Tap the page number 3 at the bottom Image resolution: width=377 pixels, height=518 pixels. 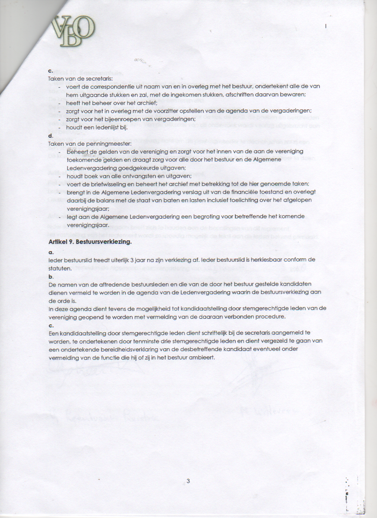point(188,481)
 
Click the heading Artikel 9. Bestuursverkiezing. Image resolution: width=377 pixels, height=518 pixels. point(90,242)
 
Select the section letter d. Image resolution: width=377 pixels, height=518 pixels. point(50,136)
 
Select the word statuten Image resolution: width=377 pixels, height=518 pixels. point(60,268)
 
